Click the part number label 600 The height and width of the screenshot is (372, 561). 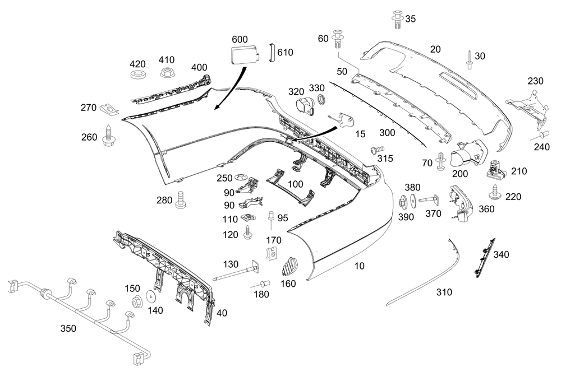(x=240, y=39)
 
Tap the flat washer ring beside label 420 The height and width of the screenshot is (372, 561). (x=137, y=75)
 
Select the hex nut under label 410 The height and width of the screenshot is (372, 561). (x=166, y=72)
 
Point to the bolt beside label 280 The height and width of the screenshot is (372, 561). (x=181, y=200)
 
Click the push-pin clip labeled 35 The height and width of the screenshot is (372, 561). (x=397, y=20)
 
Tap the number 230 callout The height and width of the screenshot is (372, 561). (x=535, y=81)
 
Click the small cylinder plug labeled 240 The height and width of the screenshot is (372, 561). (x=543, y=135)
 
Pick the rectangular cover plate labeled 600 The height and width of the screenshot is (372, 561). (x=243, y=56)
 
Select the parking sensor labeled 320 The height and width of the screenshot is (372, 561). (x=304, y=106)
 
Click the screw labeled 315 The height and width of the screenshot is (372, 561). (x=376, y=150)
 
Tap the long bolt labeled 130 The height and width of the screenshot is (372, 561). (x=236, y=274)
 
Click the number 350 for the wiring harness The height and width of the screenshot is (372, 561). (x=68, y=329)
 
